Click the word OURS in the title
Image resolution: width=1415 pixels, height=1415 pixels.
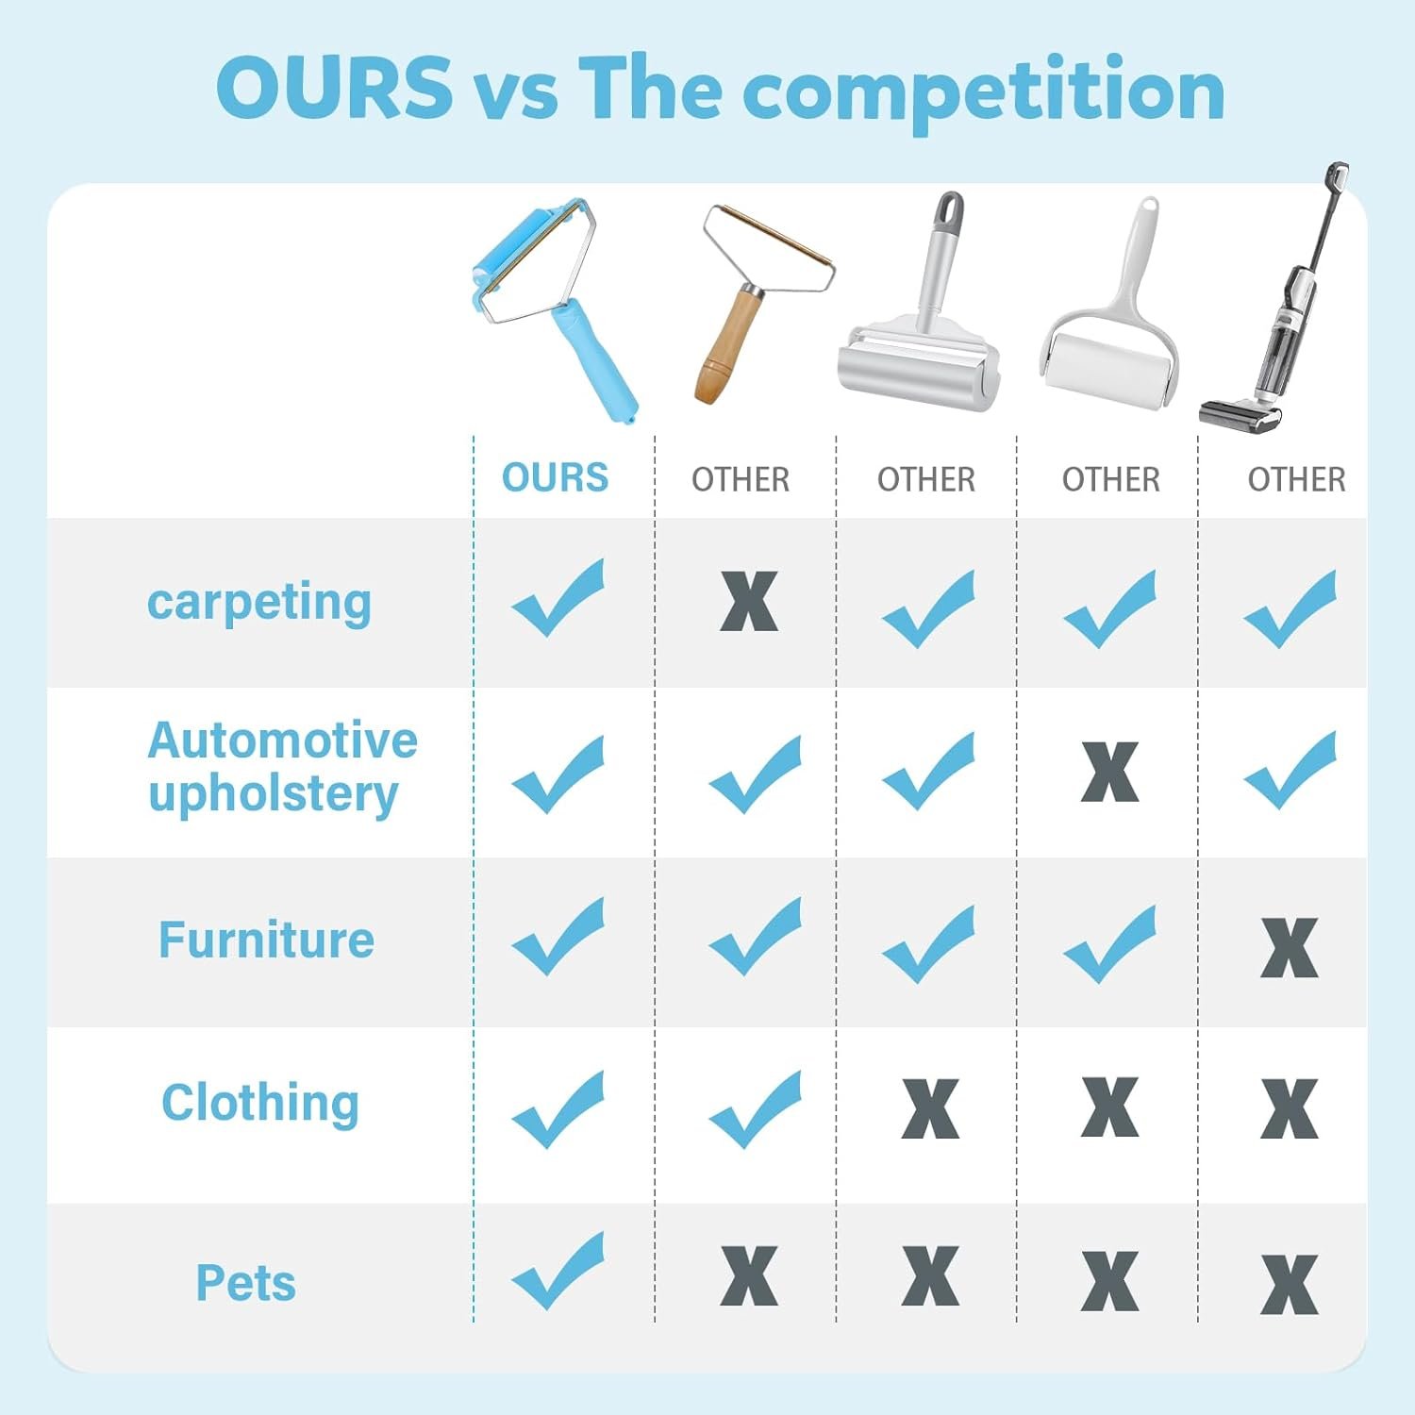tap(334, 87)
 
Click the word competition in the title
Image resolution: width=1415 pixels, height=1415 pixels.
tap(984, 92)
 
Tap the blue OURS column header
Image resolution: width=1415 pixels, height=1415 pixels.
tap(555, 477)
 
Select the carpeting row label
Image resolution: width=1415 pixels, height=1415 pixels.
tap(259, 603)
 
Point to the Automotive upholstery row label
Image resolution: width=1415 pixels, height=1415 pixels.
tap(282, 767)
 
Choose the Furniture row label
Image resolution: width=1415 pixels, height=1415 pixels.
tap(266, 940)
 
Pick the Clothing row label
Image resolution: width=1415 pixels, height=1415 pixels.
tap(260, 1103)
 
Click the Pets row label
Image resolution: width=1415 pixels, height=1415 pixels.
tap(245, 1283)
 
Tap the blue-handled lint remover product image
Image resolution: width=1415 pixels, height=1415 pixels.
tap(555, 308)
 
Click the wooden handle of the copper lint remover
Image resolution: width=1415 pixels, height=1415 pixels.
tap(728, 346)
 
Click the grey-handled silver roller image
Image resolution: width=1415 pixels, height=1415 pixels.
tap(919, 304)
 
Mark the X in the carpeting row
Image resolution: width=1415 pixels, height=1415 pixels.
tap(749, 601)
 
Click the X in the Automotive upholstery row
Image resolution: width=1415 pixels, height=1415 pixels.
tap(1109, 772)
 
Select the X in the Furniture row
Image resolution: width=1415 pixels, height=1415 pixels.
tap(1289, 947)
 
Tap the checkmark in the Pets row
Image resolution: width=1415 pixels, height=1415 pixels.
tap(558, 1271)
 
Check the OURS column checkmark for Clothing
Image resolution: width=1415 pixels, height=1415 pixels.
tap(558, 1109)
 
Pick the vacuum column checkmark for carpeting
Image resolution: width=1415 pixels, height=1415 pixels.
tap(1290, 608)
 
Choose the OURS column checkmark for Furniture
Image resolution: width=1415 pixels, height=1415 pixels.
tap(558, 936)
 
